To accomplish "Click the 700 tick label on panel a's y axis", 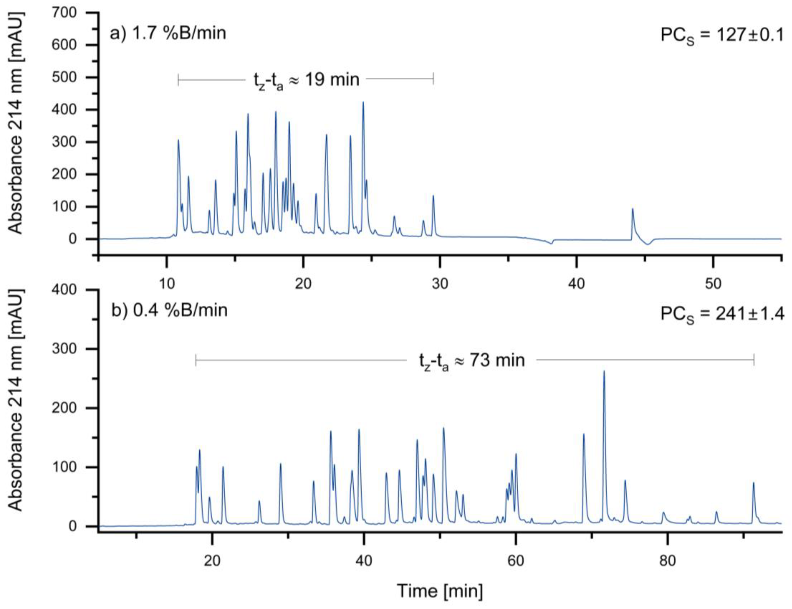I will (x=64, y=13).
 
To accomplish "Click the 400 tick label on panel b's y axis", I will (x=64, y=290).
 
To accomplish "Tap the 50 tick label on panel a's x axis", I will (x=713, y=284).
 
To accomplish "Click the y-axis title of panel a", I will (x=15, y=123).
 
